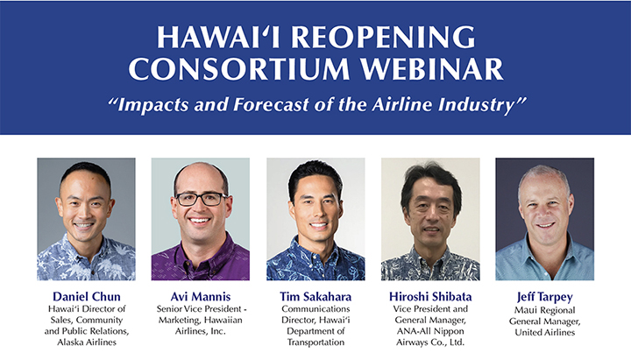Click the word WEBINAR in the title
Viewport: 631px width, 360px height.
click(x=431, y=69)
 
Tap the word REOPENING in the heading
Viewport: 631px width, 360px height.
click(x=383, y=37)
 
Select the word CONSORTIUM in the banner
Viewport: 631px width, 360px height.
click(x=239, y=69)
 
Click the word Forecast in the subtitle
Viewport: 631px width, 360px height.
click(x=271, y=104)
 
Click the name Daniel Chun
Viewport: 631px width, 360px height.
click(x=87, y=296)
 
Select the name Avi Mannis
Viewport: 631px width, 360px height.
click(x=201, y=296)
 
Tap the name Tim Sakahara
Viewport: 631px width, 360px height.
click(x=315, y=296)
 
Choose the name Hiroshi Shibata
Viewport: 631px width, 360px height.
click(x=430, y=296)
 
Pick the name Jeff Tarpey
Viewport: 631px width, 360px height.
click(x=544, y=297)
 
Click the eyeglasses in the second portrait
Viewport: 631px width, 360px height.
click(x=201, y=199)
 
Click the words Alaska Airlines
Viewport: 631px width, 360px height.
click(x=87, y=342)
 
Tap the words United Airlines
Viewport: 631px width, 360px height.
click(x=545, y=332)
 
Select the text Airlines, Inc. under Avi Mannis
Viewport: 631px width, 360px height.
click(x=201, y=331)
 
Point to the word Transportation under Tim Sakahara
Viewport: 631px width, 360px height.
click(x=315, y=342)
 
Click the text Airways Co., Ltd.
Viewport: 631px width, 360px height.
click(x=430, y=342)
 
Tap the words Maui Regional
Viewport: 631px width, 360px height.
click(x=545, y=311)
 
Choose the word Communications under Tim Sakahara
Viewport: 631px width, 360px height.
click(x=315, y=309)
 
